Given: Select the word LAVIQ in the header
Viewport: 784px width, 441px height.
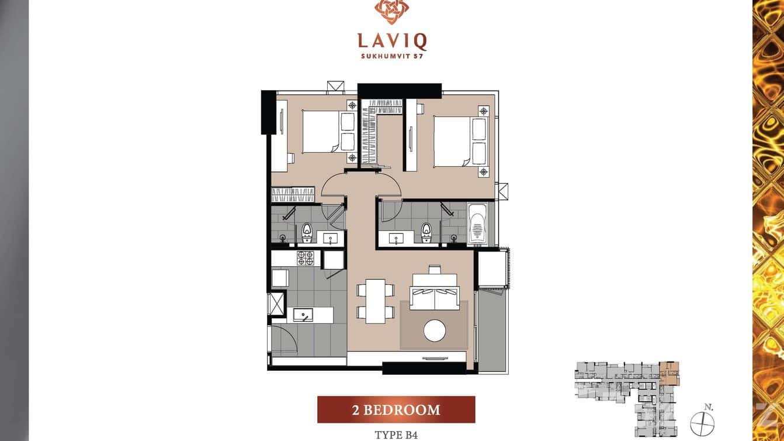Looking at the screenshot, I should point(392,41).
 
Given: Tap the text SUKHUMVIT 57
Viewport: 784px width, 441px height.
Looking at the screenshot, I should point(392,57).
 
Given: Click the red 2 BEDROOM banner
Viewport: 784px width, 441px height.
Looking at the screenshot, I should point(396,409).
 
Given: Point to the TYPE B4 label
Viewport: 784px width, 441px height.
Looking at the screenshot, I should point(396,435).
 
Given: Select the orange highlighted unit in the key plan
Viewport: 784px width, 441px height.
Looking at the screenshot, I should point(669,373).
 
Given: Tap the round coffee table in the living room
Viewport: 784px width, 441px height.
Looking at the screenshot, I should point(434,330).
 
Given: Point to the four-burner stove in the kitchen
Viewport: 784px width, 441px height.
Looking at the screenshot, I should point(306,259).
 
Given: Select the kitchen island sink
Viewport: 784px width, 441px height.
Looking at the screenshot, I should point(303,315).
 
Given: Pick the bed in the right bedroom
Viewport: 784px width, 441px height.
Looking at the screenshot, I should point(453,141).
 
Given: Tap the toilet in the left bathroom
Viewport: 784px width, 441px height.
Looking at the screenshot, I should point(306,233).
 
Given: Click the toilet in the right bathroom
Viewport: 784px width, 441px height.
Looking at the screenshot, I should point(426,233).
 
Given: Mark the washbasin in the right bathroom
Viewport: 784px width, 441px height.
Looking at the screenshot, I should point(397,238).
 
